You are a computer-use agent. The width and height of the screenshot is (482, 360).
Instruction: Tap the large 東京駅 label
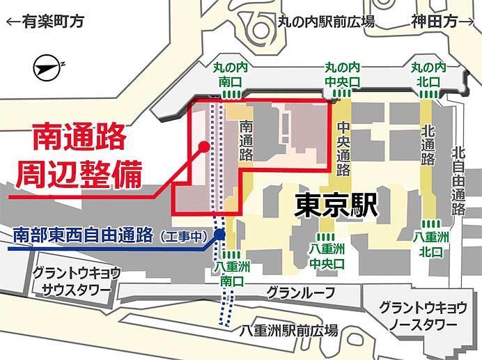pyautogui.click(x=336, y=204)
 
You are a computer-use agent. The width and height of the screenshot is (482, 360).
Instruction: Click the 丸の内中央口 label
pyautogui.click(x=343, y=75)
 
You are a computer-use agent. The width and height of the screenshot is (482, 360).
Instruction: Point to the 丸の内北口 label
pyautogui.click(x=428, y=75)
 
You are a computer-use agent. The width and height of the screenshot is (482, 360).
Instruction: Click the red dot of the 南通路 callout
pyautogui.click(x=203, y=146)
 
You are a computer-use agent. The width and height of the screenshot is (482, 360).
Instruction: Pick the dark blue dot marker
pyautogui.click(x=219, y=235)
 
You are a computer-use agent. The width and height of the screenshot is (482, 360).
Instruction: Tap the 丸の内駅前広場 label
pyautogui.click(x=326, y=22)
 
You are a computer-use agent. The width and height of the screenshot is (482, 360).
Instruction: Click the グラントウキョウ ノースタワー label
pyautogui.click(x=418, y=316)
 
